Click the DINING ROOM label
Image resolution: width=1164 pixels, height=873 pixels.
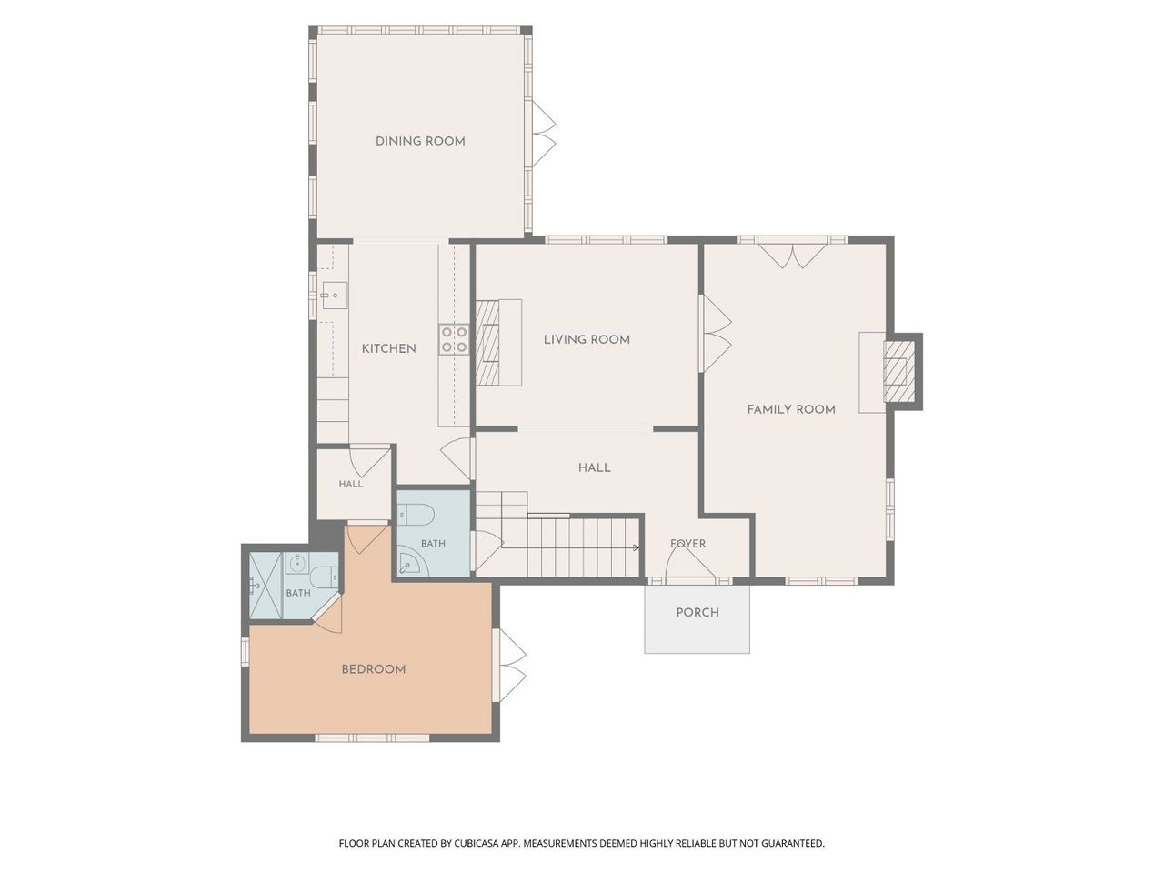point(420,141)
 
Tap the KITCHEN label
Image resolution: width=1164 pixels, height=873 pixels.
point(388,348)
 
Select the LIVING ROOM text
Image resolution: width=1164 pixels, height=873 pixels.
point(587,339)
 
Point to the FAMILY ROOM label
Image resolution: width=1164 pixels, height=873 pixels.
point(790,409)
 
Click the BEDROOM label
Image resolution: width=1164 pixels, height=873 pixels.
point(374,669)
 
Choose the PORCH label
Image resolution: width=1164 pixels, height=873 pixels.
point(697,612)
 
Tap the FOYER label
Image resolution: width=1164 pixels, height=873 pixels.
point(687,543)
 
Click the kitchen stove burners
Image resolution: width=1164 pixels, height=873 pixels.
point(455,339)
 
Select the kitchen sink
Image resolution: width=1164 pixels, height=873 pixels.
point(334,296)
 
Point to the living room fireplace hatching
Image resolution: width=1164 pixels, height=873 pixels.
point(487,342)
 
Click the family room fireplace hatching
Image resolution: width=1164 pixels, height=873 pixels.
point(898,371)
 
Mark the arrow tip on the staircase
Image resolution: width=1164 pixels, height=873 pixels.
point(638,547)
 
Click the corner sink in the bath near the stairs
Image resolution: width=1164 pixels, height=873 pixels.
point(411,564)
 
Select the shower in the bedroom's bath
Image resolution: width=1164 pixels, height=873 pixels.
point(266,586)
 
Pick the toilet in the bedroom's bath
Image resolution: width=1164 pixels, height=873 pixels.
point(324,577)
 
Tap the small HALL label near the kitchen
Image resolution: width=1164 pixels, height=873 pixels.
point(351,484)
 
